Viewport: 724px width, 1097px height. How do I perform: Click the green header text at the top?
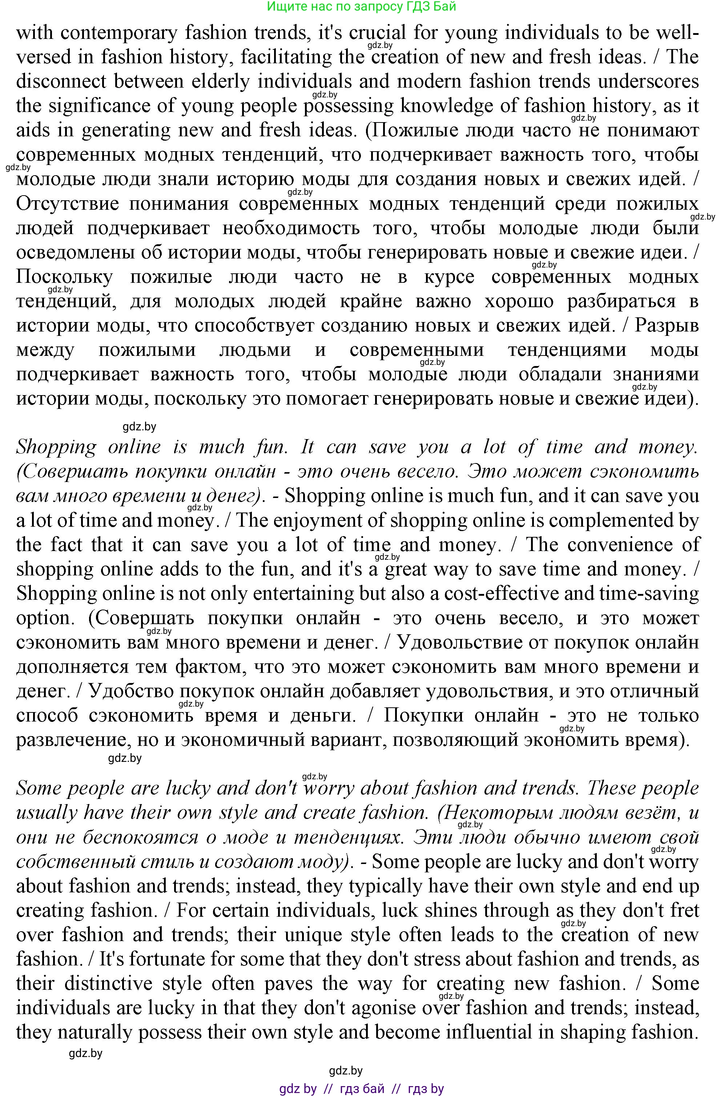click(x=362, y=7)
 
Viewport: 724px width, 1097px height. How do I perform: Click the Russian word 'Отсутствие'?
click(x=67, y=204)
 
